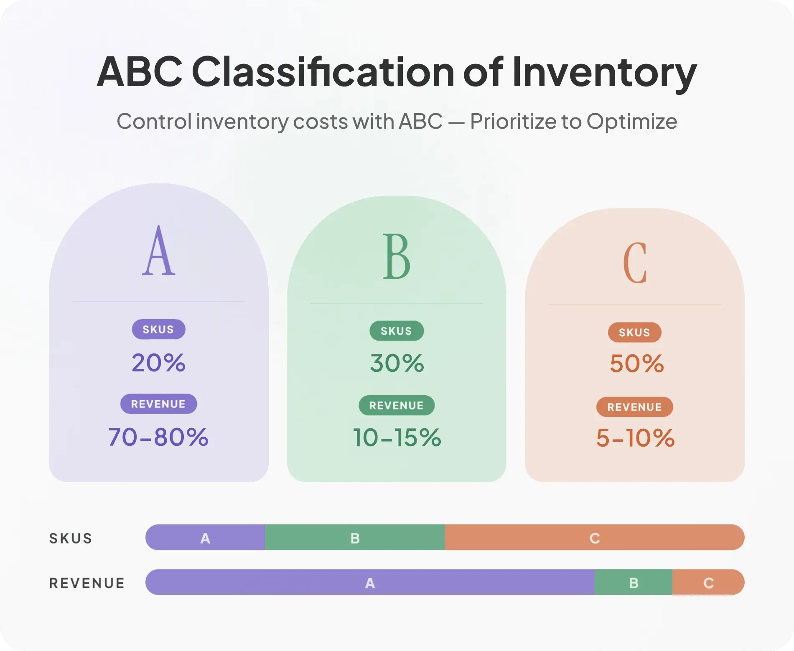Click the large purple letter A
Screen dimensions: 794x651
159,250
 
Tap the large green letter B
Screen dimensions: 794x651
397,256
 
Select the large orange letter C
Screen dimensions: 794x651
635,262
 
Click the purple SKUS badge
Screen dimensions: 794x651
158,329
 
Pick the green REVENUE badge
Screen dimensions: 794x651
397,405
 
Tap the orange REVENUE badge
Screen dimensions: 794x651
634,407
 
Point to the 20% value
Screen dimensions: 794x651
158,363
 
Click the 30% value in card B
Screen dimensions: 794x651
397,363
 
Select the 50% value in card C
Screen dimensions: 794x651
636,364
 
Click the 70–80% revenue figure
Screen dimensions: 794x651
158,437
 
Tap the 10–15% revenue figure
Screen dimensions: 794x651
397,438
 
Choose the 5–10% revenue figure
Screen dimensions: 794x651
635,438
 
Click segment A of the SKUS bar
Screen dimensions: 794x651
205,537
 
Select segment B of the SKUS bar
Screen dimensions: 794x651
355,537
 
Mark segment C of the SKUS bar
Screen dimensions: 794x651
595,537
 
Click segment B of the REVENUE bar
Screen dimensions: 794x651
634,582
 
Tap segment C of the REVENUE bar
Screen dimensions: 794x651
709,582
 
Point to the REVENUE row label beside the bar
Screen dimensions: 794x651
87,583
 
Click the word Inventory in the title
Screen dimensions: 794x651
604,72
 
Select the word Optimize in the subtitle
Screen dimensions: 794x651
632,122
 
